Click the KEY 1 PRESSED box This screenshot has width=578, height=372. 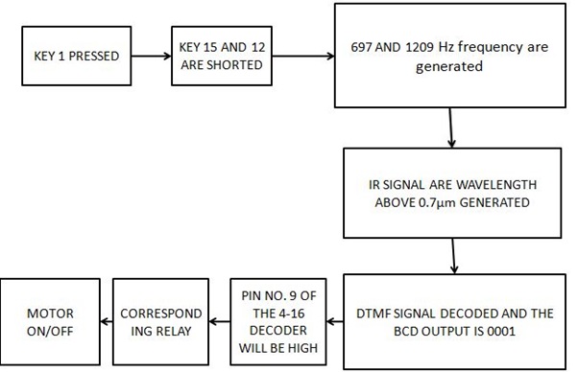(x=76, y=57)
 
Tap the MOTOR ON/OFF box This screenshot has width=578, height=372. (x=50, y=321)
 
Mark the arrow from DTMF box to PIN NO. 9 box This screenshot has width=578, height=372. (x=332, y=321)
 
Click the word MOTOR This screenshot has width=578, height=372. (x=50, y=313)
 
